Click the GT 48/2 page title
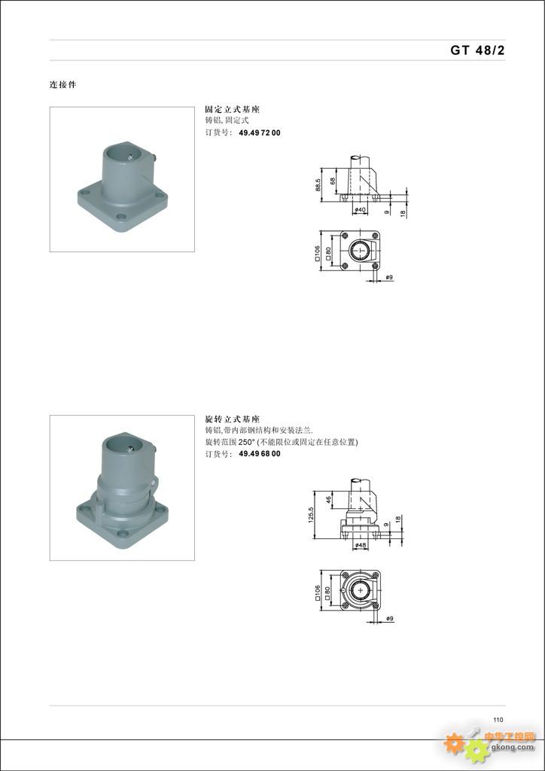click(477, 50)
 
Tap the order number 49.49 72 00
click(260, 133)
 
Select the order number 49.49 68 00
click(260, 454)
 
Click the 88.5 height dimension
click(318, 184)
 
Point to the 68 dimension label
click(333, 181)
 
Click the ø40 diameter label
click(361, 210)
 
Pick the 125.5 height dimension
click(311, 515)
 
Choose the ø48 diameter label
click(361, 545)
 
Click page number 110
click(498, 720)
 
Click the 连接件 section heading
click(63, 84)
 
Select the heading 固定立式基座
click(232, 110)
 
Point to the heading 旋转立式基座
click(232, 419)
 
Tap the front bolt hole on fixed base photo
click(121, 216)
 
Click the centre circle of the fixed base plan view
click(361, 250)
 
